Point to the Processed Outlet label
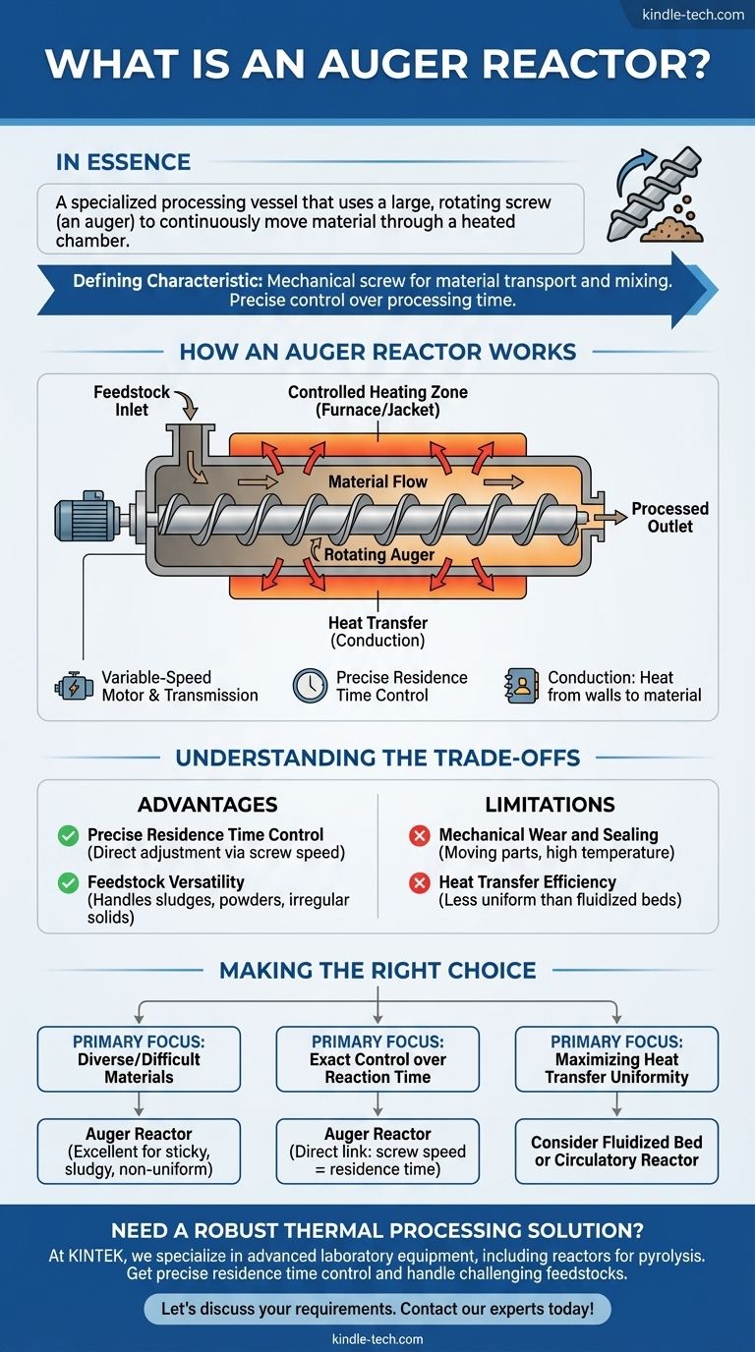pyautogui.click(x=669, y=518)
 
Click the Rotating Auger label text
pyautogui.click(x=367, y=554)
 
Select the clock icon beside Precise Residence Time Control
pyautogui.click(x=310, y=686)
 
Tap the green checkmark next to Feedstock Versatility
pyautogui.click(x=69, y=882)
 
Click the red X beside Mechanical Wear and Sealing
pyautogui.click(x=420, y=835)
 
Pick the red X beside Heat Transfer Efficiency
pyautogui.click(x=420, y=882)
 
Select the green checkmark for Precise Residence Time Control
pyautogui.click(x=69, y=835)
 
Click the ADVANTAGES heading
pyautogui.click(x=206, y=805)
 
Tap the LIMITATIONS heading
pyautogui.click(x=550, y=805)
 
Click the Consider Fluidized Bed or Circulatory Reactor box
pyautogui.click(x=616, y=1151)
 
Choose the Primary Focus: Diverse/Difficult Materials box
pyautogui.click(x=139, y=1059)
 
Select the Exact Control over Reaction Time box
pyautogui.click(x=377, y=1059)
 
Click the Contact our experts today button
pyautogui.click(x=377, y=1310)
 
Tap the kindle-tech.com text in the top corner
pyautogui.click(x=692, y=14)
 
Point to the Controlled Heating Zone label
pyautogui.click(x=377, y=401)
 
